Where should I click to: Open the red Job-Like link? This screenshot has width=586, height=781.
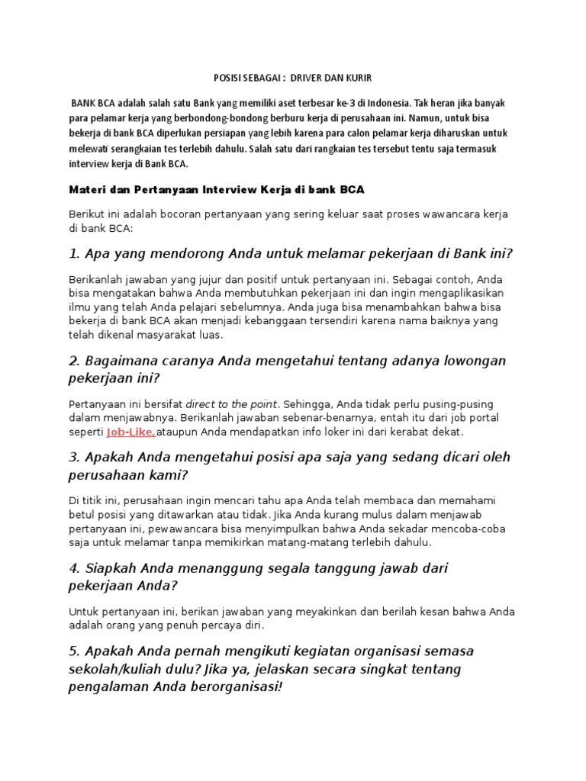pyautogui.click(x=130, y=432)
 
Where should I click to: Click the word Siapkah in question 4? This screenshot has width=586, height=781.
pyautogui.click(x=114, y=568)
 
